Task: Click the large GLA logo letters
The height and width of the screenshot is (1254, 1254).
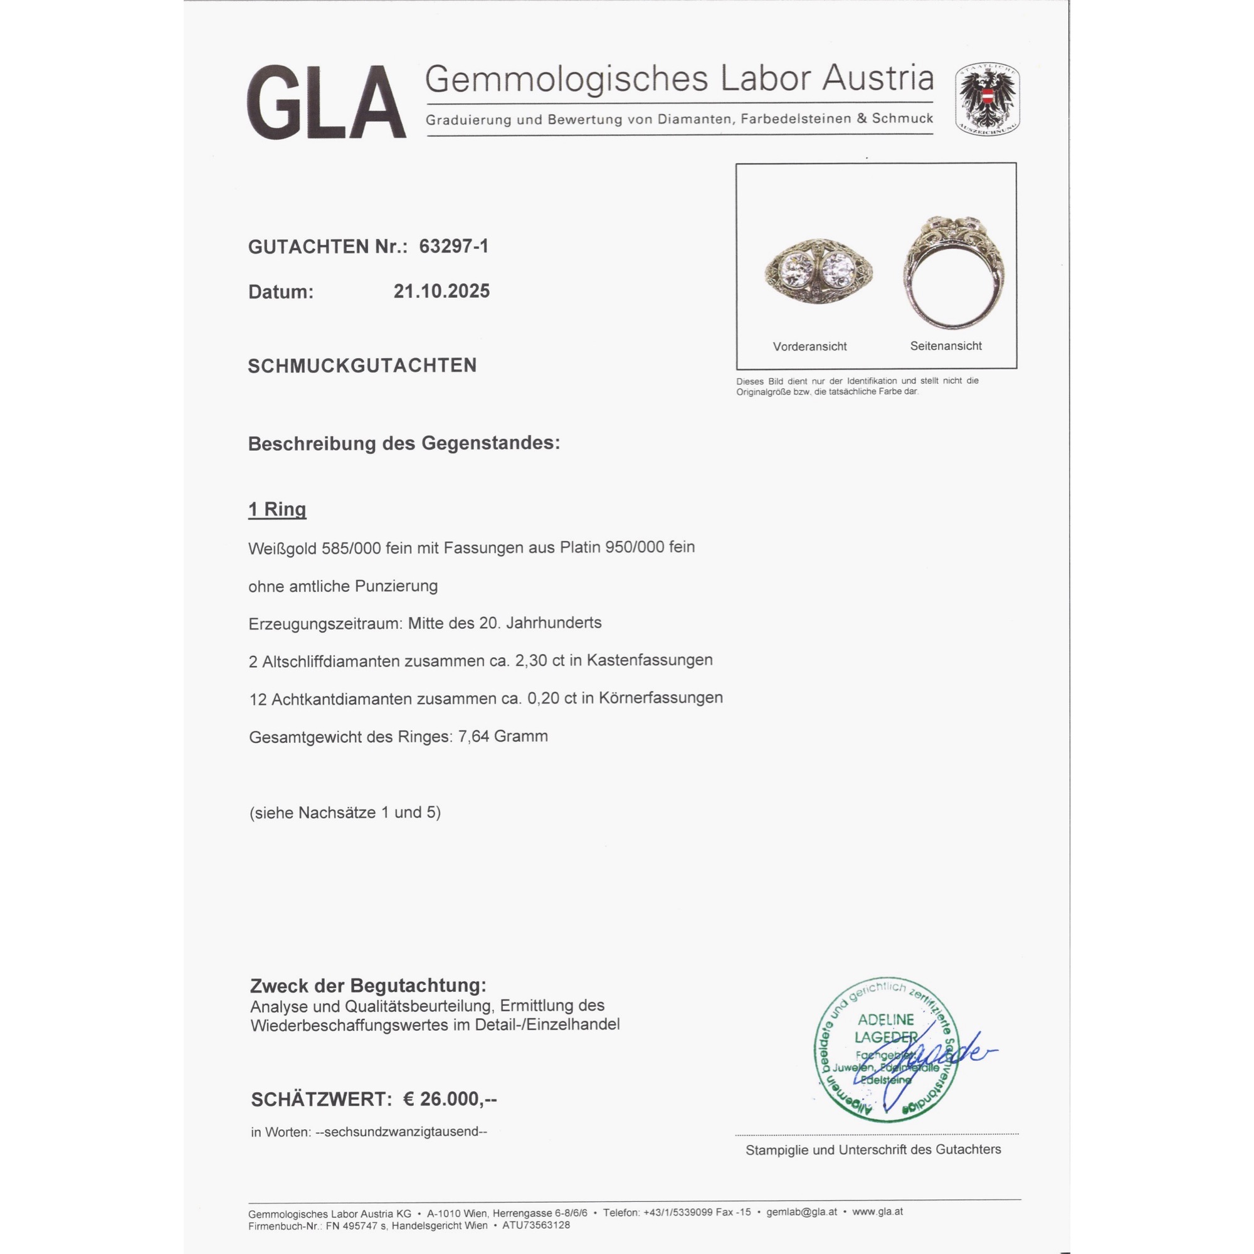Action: pyautogui.click(x=327, y=103)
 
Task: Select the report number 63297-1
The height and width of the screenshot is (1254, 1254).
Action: pyautogui.click(x=454, y=246)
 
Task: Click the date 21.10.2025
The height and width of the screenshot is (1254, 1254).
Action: pyautogui.click(x=441, y=292)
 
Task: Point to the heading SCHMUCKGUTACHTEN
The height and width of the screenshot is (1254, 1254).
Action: pyautogui.click(x=362, y=366)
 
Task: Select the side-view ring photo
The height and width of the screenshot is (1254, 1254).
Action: pyautogui.click(x=954, y=273)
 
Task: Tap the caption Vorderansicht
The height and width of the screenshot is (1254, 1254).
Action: pyautogui.click(x=809, y=347)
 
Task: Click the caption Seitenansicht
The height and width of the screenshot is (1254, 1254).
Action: pyautogui.click(x=946, y=346)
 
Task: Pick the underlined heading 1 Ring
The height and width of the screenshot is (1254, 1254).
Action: pyautogui.click(x=277, y=510)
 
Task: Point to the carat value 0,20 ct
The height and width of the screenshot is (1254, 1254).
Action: pyautogui.click(x=550, y=698)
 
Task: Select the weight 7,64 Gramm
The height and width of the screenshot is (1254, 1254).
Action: pyautogui.click(x=503, y=737)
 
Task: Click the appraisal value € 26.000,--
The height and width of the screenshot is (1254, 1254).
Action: pyautogui.click(x=450, y=1100)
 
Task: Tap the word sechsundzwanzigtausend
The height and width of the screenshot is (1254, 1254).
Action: pyautogui.click(x=401, y=1132)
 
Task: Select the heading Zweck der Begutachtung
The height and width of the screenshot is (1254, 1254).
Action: pyautogui.click(x=368, y=986)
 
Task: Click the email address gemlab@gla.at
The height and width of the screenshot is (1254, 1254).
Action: pyautogui.click(x=801, y=1212)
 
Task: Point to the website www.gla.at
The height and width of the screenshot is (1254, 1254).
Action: pyautogui.click(x=878, y=1212)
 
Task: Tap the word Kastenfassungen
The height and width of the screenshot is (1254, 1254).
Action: pyautogui.click(x=650, y=660)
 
